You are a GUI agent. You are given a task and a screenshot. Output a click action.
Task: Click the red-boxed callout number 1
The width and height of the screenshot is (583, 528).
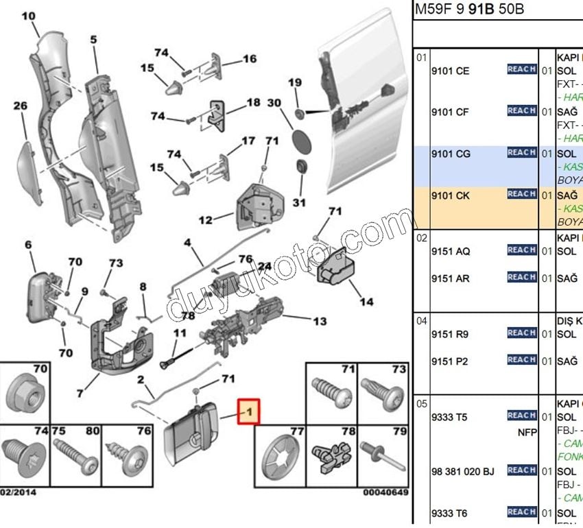coord(249,412)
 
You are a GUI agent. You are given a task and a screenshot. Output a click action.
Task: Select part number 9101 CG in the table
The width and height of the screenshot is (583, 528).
coord(450,154)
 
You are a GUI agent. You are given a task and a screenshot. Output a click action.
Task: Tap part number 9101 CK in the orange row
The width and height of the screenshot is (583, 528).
coord(450,195)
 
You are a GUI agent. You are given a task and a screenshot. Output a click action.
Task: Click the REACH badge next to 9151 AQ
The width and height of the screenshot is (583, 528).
coord(521,250)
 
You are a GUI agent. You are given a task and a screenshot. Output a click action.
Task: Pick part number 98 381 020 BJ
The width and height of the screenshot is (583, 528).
coord(462,471)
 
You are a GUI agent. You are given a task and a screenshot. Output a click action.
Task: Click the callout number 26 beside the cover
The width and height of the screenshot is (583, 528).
coord(20,106)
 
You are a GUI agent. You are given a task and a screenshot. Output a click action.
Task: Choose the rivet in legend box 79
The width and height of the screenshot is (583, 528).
coord(381,455)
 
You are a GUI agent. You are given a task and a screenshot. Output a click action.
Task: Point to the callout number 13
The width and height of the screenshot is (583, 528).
coord(320,320)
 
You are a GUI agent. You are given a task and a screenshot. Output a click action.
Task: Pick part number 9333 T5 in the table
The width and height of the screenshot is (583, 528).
coord(449,416)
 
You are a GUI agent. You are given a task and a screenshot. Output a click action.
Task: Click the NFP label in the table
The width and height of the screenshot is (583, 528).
coord(526,433)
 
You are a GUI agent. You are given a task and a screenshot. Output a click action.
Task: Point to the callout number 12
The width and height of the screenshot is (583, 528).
coord(205,221)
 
